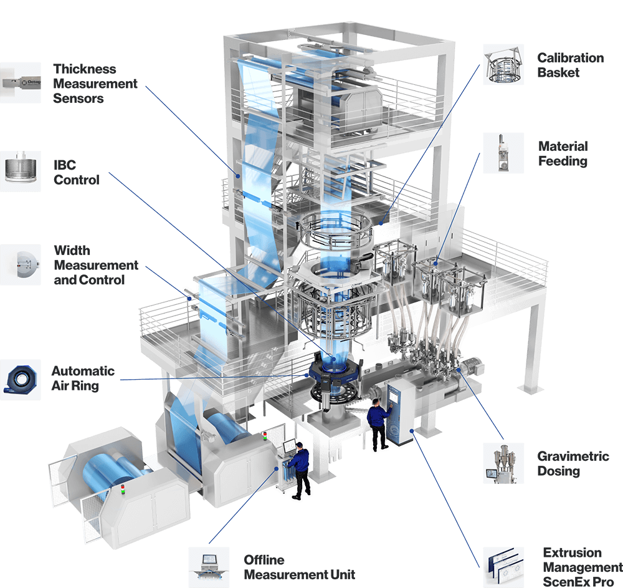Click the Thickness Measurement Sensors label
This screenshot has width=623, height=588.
(x=95, y=84)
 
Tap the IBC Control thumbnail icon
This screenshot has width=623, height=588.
(x=21, y=171)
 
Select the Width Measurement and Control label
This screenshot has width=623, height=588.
(x=96, y=265)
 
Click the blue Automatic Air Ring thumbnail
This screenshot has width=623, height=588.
(x=21, y=380)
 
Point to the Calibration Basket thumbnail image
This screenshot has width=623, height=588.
(x=503, y=64)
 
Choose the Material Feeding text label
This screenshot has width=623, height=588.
(x=563, y=153)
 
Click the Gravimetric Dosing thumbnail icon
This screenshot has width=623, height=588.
(x=503, y=463)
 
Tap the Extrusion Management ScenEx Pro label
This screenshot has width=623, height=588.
(x=583, y=567)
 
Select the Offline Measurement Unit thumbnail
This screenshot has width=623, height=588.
(x=209, y=567)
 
